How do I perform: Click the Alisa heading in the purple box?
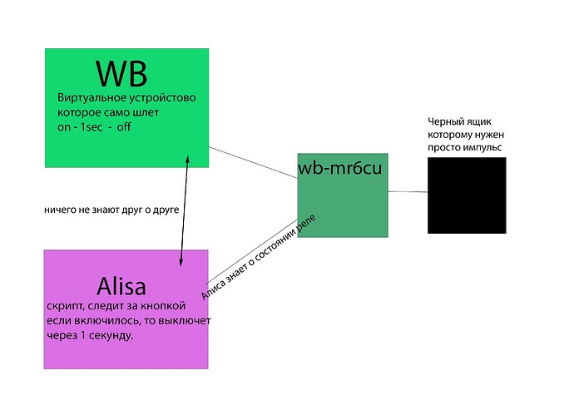[121, 288]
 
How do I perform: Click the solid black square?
[467, 195]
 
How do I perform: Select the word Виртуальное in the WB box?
[89, 98]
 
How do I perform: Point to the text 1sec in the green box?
[93, 126]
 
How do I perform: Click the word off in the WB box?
[124, 126]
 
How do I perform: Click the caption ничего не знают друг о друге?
[111, 210]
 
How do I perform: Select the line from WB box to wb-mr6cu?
[253, 162]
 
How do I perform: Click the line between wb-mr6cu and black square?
[408, 192]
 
